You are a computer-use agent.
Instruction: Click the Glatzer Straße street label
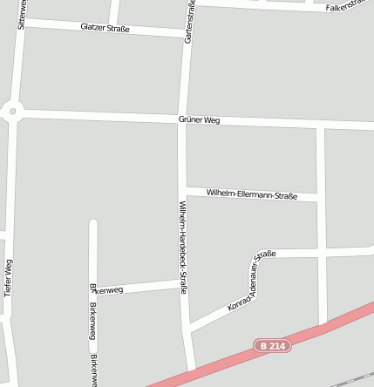105,28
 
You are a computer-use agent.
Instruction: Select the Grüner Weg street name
199,119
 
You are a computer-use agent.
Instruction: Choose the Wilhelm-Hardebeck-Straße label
183,248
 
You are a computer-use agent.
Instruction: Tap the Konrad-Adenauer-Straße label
251,281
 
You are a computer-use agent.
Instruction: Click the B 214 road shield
272,346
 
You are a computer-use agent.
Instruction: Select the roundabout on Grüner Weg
11,111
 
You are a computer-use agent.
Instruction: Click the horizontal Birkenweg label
107,289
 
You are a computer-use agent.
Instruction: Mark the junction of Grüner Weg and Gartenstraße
183,119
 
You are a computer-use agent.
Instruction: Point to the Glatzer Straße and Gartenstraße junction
185,35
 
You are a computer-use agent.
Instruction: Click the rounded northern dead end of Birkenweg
93,223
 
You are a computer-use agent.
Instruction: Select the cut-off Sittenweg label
21,15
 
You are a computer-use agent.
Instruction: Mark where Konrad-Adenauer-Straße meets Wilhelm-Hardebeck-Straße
187,329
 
